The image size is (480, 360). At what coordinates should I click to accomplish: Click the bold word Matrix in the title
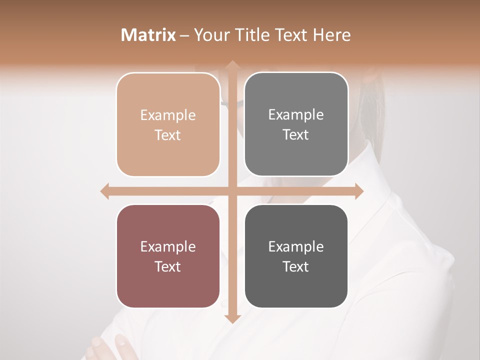(x=148, y=35)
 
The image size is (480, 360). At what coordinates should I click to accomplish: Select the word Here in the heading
(x=331, y=35)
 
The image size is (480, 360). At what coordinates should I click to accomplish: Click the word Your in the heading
(x=210, y=35)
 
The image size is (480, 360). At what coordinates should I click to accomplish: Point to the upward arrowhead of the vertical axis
(x=232, y=65)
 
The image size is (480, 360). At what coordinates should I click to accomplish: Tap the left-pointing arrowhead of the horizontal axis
(x=105, y=191)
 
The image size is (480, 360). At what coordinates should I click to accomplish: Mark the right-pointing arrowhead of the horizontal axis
(x=358, y=191)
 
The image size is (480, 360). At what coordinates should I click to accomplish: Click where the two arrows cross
(x=232, y=191)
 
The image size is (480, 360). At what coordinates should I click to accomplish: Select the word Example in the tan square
(x=168, y=115)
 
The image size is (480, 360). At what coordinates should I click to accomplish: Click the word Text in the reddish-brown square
(x=168, y=266)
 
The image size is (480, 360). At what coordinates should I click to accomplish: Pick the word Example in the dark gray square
(x=296, y=246)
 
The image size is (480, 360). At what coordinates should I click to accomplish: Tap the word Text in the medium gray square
(x=296, y=135)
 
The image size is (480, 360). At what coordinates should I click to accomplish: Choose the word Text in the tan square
(x=168, y=135)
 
